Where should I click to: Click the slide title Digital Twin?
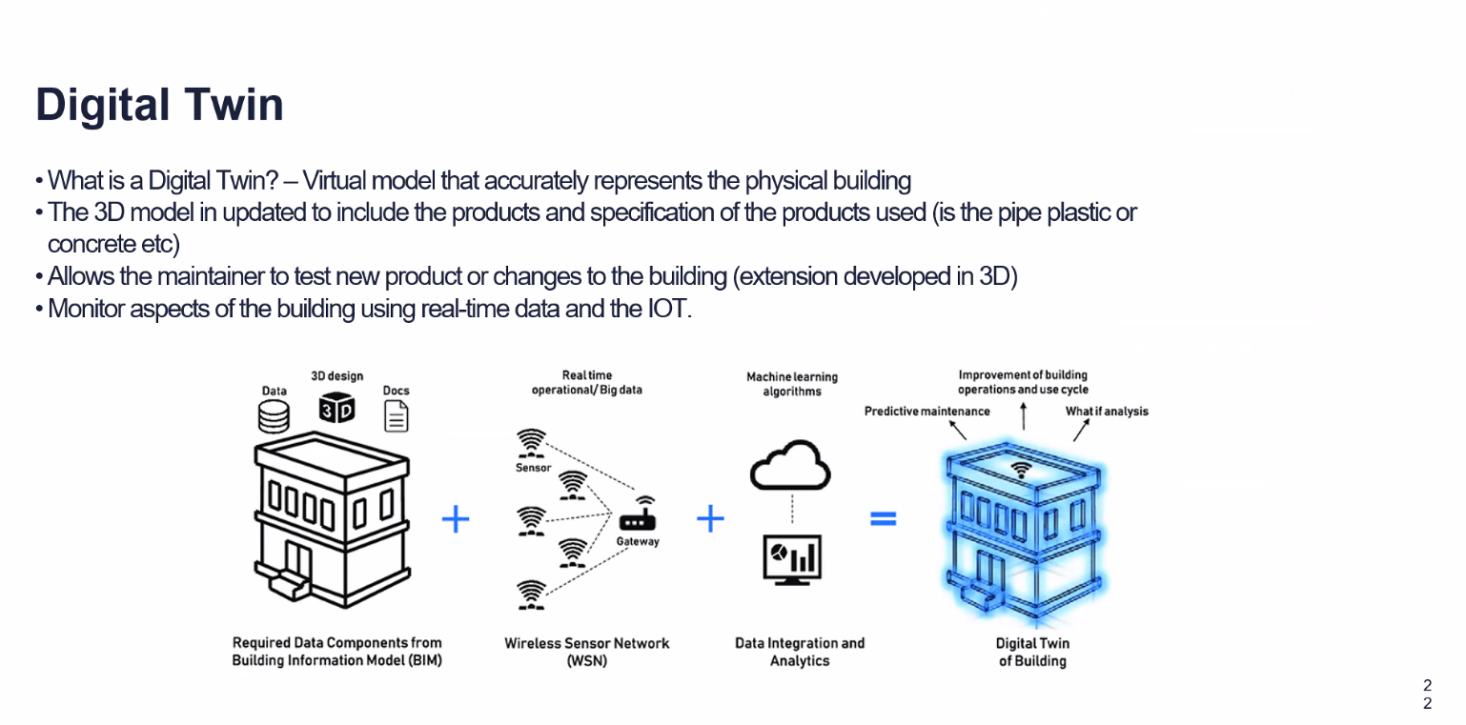159,105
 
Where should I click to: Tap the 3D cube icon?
336,407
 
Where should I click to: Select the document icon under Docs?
396,416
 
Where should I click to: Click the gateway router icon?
637,519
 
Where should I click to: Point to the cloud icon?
790,465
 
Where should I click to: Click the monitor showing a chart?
792,558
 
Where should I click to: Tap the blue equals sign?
883,519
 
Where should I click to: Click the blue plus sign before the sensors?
456,519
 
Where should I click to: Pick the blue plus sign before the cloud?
710,519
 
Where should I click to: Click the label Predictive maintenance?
926,412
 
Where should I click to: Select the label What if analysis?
1107,412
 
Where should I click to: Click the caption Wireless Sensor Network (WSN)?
586,652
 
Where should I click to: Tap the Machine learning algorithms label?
791,384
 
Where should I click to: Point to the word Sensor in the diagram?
533,468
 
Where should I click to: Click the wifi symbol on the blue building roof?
1021,469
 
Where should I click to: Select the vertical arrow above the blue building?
1023,416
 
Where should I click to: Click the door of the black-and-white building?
299,562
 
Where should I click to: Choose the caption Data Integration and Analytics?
799,652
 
